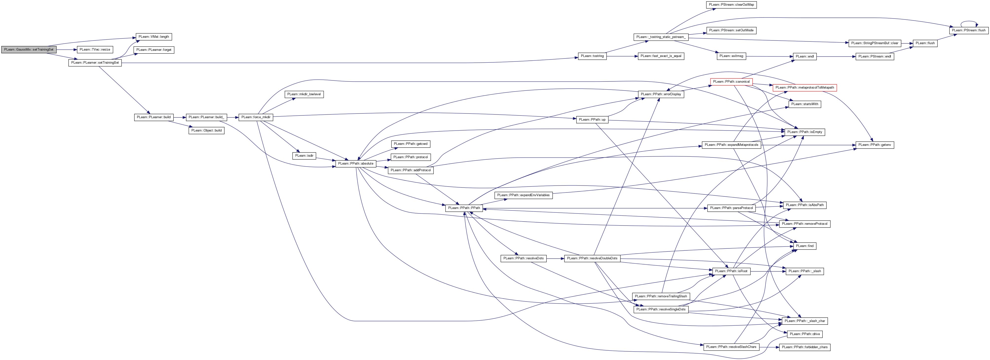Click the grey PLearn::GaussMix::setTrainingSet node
[x=29, y=50]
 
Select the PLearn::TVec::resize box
[x=95, y=50]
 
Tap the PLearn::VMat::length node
[x=154, y=37]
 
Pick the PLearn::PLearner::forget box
[x=154, y=50]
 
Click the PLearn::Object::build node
[x=206, y=131]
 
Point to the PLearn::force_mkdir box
[x=256, y=117]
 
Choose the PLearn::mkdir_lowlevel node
[x=304, y=94]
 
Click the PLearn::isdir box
[x=304, y=156]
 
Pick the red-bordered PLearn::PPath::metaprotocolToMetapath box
[x=805, y=88]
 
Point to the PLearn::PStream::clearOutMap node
[x=731, y=5]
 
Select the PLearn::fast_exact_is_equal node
[x=661, y=56]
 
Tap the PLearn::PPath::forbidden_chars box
[x=805, y=347]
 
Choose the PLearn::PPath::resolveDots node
[x=523, y=258]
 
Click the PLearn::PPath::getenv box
[x=875, y=145]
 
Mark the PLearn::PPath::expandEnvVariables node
[x=523, y=195]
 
